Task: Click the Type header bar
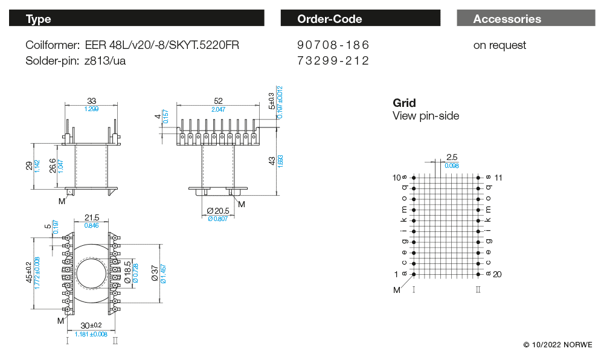(x=137, y=19)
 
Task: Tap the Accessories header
(x=525, y=19)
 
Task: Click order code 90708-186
(x=333, y=45)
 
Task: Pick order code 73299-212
(x=333, y=60)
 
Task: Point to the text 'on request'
(x=500, y=45)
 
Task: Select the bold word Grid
(x=404, y=103)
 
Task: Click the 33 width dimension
(x=92, y=101)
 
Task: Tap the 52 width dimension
(x=219, y=101)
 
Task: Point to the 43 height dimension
(x=272, y=161)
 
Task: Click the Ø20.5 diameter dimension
(x=218, y=211)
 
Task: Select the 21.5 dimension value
(x=92, y=217)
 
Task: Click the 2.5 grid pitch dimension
(x=452, y=156)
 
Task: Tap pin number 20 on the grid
(x=497, y=274)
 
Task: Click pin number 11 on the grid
(x=498, y=178)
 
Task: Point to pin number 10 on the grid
(x=396, y=178)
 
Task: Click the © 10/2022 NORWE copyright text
(x=557, y=344)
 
